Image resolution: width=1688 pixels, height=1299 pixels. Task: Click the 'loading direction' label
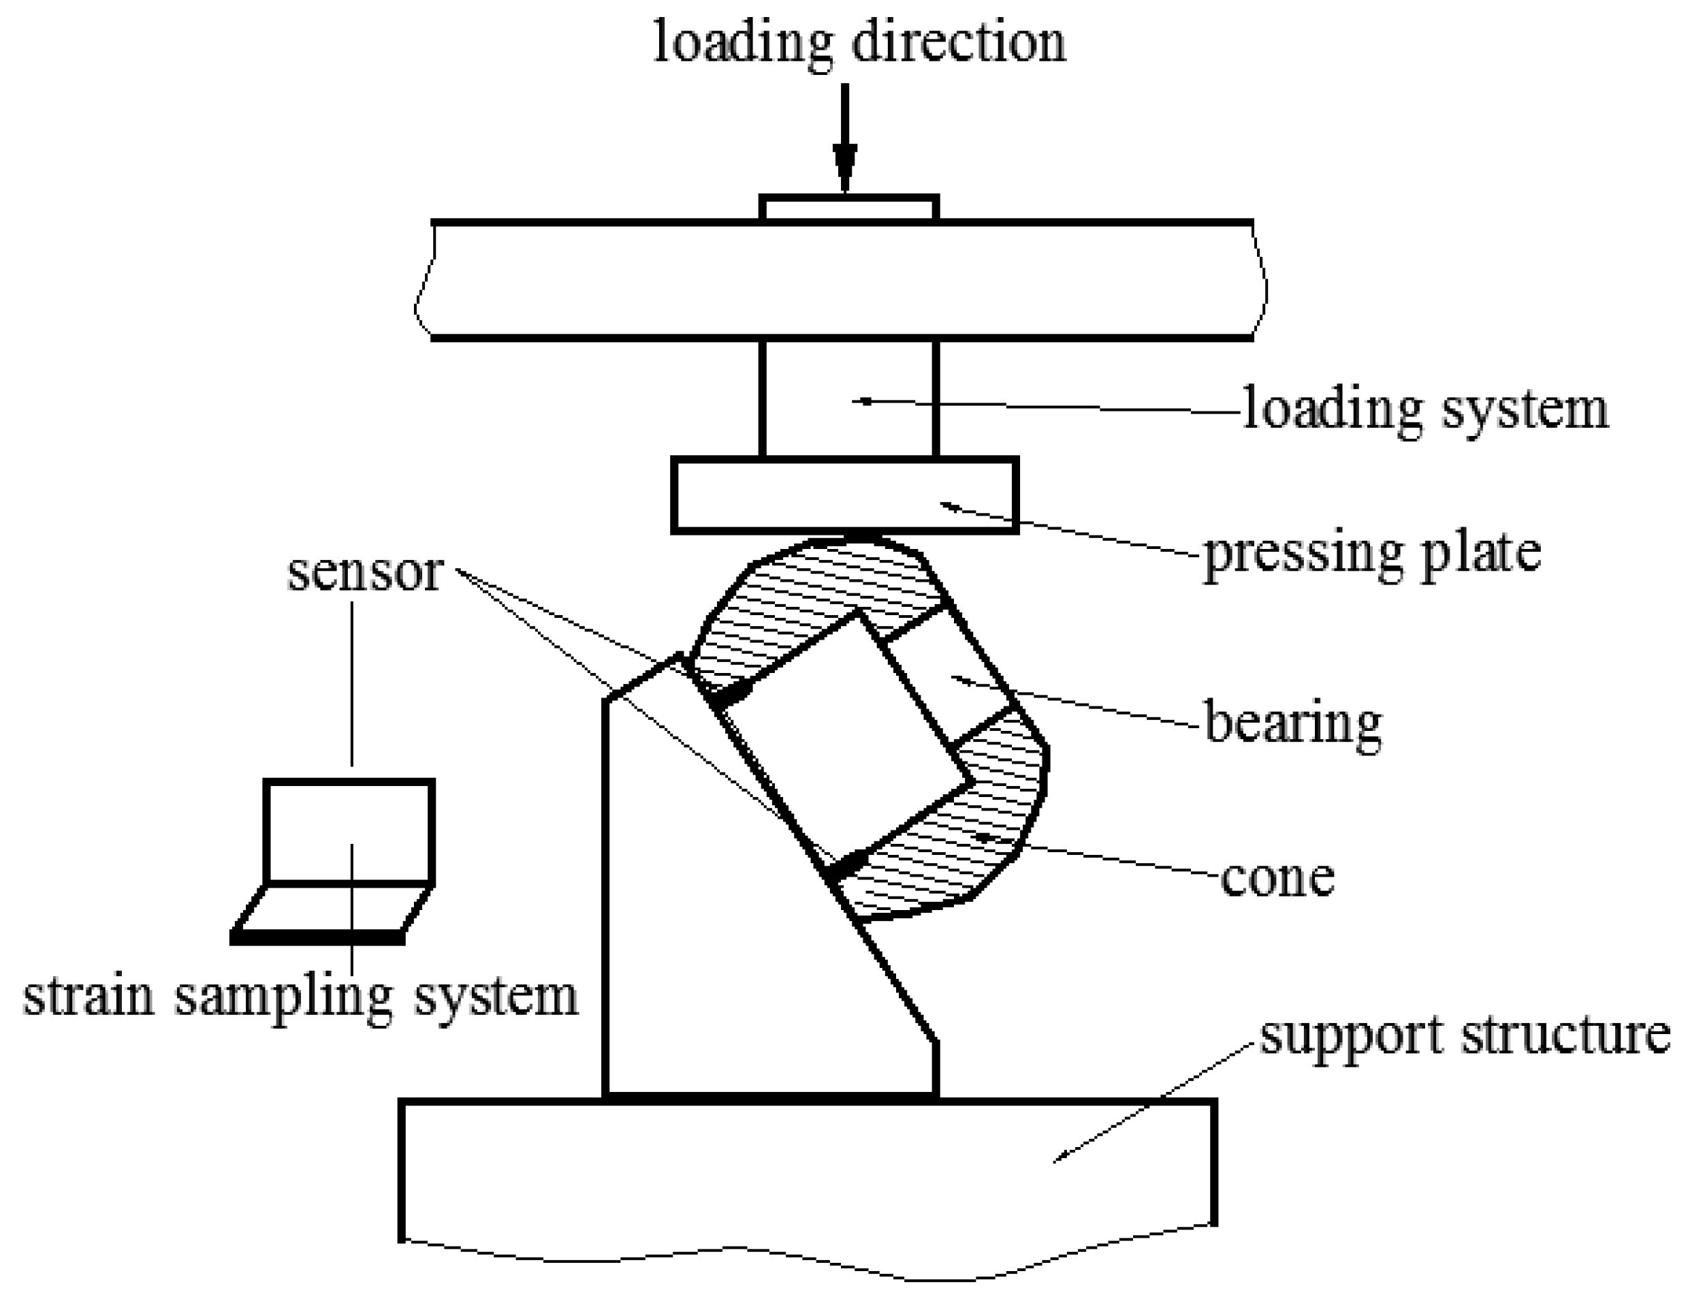coord(859,42)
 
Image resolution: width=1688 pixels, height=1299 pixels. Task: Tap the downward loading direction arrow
coord(845,139)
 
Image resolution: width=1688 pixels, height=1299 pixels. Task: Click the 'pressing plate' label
coord(1373,554)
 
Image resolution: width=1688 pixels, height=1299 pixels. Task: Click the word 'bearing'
coord(1293,722)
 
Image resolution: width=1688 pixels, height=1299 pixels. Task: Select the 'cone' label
coord(1277,877)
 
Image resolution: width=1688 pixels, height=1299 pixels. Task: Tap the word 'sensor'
coord(366,573)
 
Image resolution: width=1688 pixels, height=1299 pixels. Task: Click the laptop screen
coord(349,832)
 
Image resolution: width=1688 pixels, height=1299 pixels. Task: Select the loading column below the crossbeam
coord(848,399)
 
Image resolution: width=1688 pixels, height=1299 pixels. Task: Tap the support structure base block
coord(808,1168)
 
